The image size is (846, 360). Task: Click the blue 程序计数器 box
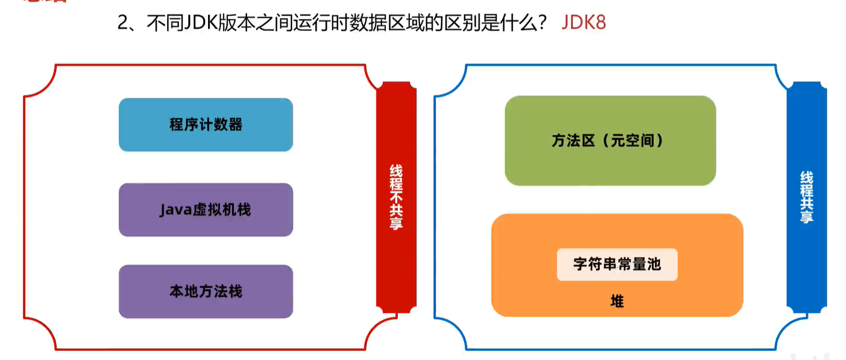tap(205, 125)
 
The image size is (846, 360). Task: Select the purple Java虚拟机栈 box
tap(205, 210)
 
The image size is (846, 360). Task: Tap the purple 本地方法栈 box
tap(205, 292)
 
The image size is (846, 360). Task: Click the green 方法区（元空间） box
tap(610, 141)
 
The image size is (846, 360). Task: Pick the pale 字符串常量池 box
tap(617, 264)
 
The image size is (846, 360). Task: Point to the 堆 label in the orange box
tap(617, 301)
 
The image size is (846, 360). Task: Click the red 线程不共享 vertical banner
tap(396, 197)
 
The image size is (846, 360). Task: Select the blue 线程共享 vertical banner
tap(806, 197)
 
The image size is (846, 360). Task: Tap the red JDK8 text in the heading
tap(584, 23)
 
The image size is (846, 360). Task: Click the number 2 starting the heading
tap(123, 23)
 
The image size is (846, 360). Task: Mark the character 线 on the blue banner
tap(806, 179)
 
